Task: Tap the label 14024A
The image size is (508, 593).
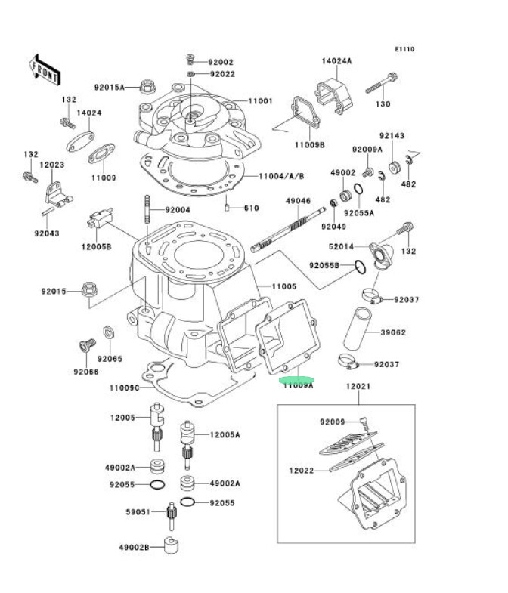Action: pos(336,60)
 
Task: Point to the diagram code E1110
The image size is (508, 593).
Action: pos(404,50)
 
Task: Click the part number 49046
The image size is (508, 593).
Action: pos(298,201)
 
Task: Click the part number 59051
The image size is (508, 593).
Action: pos(138,512)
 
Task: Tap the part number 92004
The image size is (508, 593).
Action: pos(178,210)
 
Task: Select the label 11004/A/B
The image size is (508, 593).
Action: pos(281,176)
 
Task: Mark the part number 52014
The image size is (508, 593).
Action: pos(342,247)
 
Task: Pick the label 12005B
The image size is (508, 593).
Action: pos(97,246)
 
